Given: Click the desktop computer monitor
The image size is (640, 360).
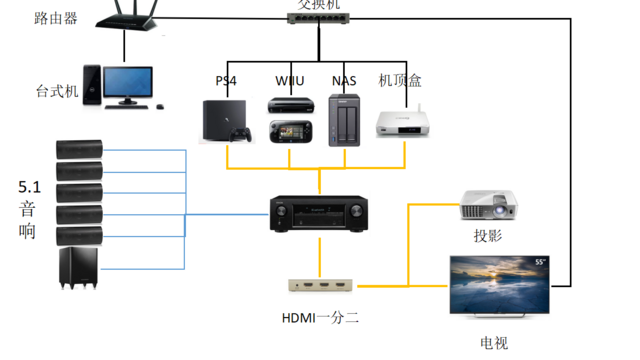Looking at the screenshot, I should click(x=128, y=84).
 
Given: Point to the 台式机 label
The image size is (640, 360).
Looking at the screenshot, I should click(x=56, y=91).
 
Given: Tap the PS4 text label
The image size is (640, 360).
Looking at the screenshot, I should click(x=226, y=80).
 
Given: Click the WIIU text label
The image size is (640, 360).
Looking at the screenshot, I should click(x=291, y=80).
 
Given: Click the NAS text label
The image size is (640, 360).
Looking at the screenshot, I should click(x=344, y=80).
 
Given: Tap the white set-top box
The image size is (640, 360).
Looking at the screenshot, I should click(x=398, y=121).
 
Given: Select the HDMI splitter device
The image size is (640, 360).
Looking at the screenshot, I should click(x=319, y=285).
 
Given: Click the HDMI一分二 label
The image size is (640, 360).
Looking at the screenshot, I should click(x=320, y=318).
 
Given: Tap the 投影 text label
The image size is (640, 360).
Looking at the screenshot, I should click(x=487, y=236).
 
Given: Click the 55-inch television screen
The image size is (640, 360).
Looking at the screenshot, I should click(x=499, y=284).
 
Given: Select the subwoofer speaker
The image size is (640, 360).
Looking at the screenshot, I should click(x=81, y=268).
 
